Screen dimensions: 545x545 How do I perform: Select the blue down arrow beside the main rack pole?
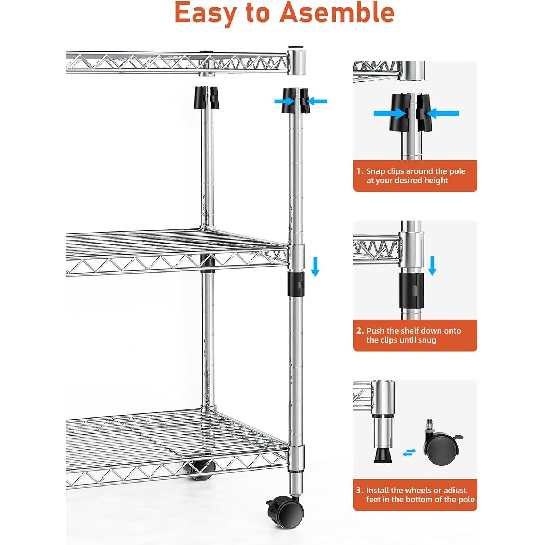[x=315, y=266]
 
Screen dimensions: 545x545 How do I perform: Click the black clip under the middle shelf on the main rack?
[x=297, y=283]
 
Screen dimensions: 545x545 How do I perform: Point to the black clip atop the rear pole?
[x=207, y=97]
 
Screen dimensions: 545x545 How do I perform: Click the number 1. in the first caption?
[x=360, y=171]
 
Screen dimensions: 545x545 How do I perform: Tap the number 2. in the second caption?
[x=360, y=331]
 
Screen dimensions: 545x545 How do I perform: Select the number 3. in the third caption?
[x=360, y=490]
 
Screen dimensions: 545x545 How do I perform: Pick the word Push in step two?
[x=376, y=331]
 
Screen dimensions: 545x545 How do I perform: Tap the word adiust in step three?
[x=454, y=490]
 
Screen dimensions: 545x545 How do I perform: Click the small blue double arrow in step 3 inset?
[x=409, y=452]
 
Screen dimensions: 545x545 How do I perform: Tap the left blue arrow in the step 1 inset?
[x=389, y=113]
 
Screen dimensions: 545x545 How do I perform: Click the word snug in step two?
[x=427, y=340]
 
